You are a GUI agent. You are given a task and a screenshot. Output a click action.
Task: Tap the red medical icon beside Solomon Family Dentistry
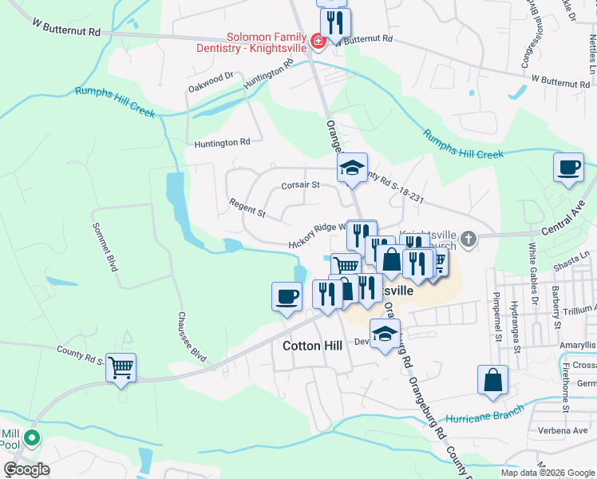click(318, 41)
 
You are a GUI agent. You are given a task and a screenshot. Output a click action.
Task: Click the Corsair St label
click(300, 185)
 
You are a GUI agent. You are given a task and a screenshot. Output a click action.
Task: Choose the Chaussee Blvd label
click(192, 337)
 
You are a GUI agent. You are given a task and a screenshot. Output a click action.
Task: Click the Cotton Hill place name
click(312, 346)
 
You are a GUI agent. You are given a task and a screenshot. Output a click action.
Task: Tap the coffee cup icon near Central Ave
click(568, 168)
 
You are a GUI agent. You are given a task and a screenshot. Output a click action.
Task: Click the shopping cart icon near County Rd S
click(121, 368)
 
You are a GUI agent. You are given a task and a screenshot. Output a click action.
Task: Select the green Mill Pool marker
click(31, 437)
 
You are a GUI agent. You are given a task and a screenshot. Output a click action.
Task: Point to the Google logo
click(26, 469)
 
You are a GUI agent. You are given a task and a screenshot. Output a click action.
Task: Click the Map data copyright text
click(548, 473)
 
